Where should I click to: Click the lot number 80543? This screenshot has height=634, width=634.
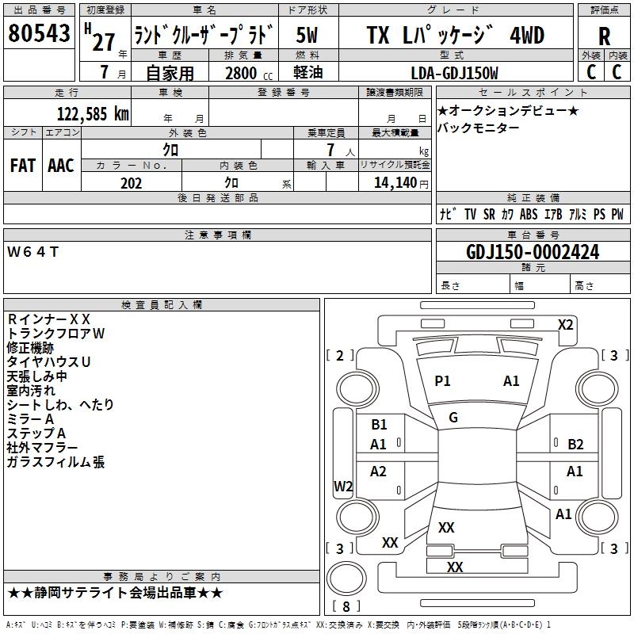(x=39, y=35)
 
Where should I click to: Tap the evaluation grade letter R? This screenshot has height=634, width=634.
(x=604, y=36)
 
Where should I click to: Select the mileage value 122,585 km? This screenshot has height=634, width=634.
(x=94, y=113)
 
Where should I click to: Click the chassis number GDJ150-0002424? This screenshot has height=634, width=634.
(x=533, y=252)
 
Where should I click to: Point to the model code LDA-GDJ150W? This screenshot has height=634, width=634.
(x=455, y=73)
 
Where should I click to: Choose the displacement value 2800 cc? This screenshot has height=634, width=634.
(x=246, y=73)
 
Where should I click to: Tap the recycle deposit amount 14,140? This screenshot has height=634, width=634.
(x=395, y=182)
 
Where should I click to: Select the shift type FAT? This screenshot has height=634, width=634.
(x=22, y=165)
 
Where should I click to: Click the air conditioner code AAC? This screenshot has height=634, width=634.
(x=61, y=165)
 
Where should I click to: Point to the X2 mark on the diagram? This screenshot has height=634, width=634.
(x=566, y=324)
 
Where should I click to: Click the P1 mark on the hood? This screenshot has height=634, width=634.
(x=442, y=381)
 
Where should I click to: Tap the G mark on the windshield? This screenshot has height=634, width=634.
(x=453, y=418)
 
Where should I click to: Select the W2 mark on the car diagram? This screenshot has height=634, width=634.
(x=343, y=487)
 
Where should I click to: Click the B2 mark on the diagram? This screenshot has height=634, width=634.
(x=576, y=444)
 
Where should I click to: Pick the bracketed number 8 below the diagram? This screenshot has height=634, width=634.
(x=346, y=607)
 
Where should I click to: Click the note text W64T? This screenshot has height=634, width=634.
(x=32, y=251)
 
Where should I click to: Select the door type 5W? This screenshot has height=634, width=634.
(x=308, y=36)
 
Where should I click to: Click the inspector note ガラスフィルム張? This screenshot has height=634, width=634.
(x=55, y=462)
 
